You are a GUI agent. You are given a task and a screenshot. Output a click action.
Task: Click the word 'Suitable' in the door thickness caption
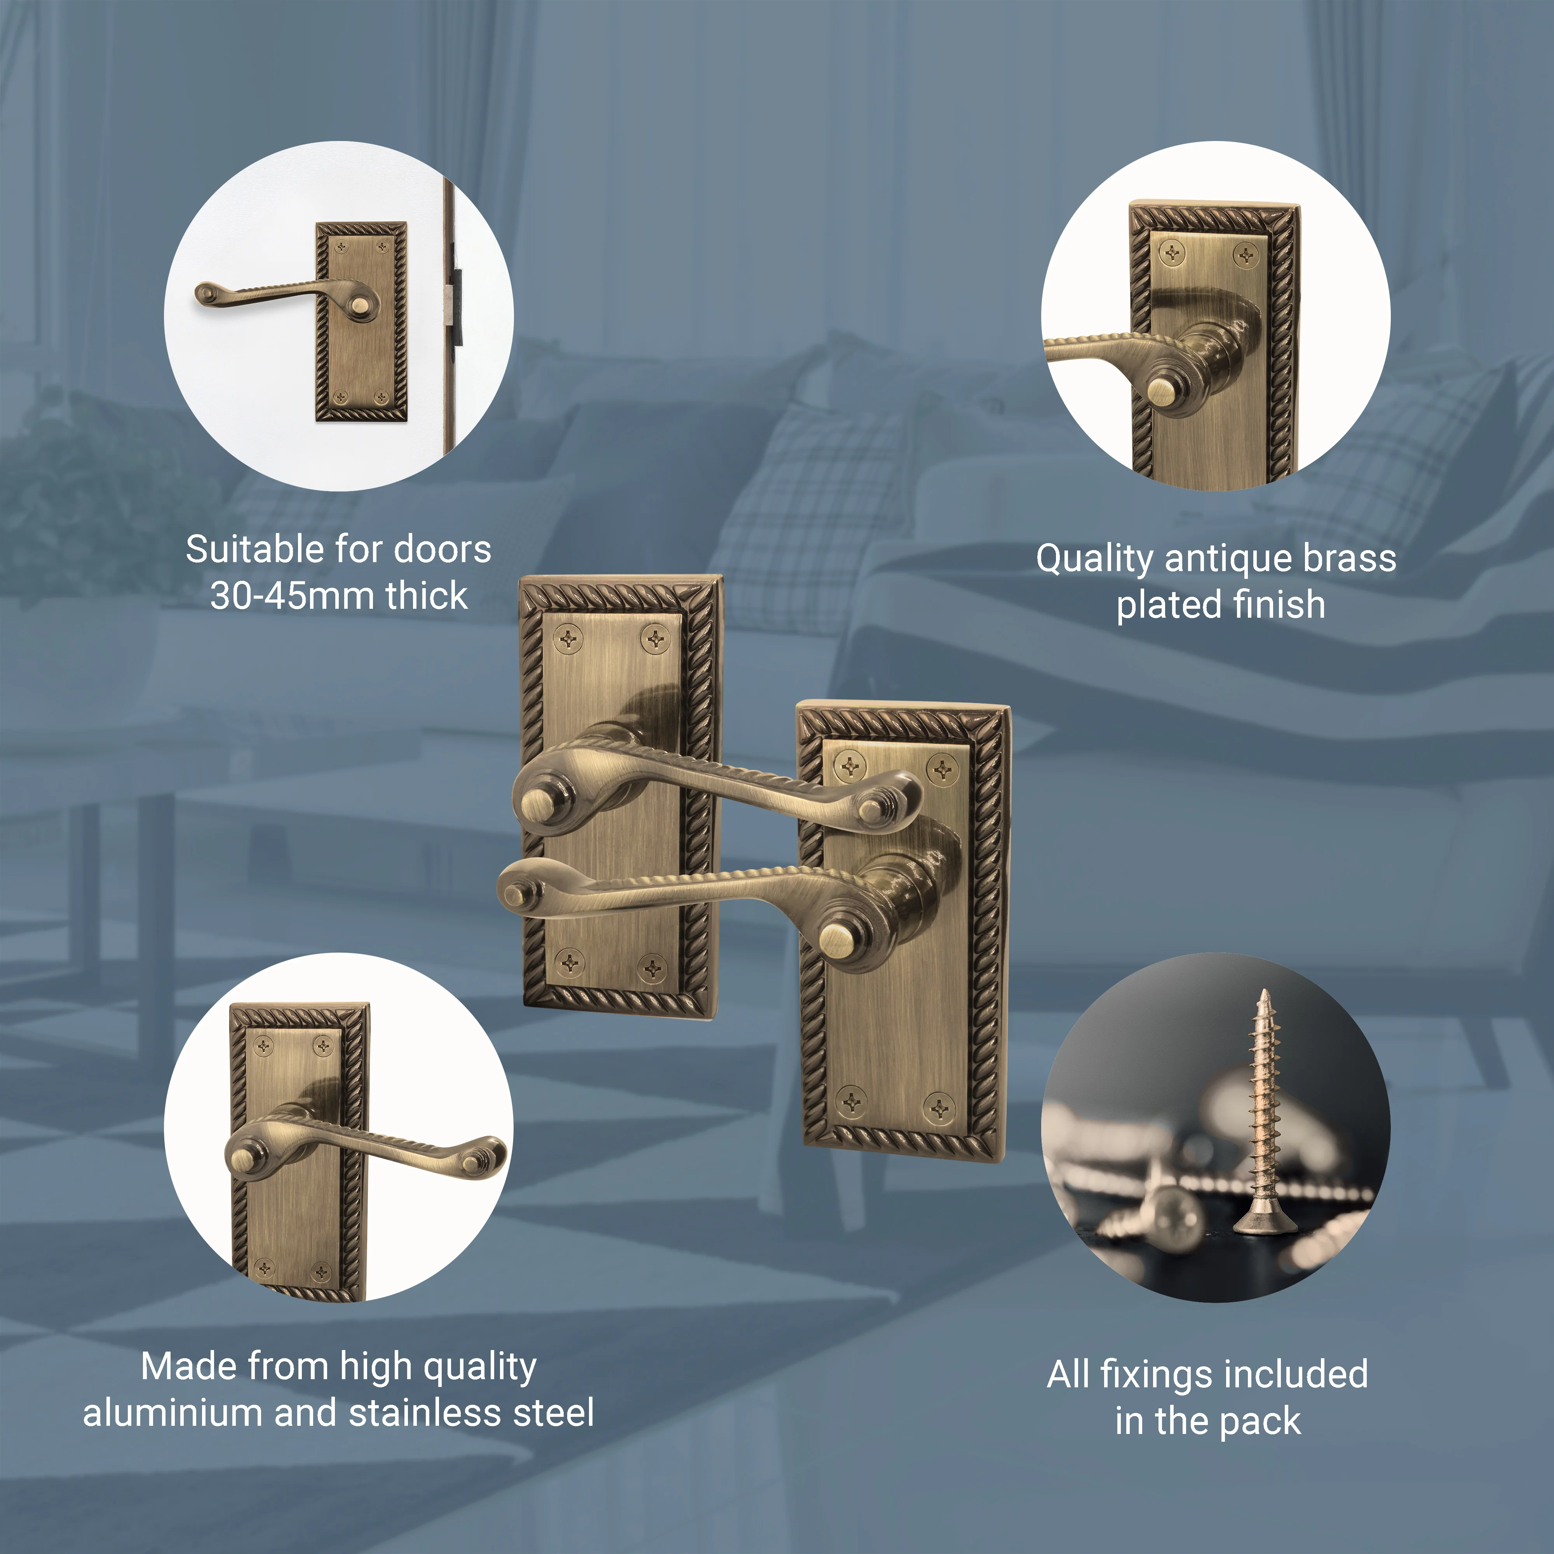pos(255,550)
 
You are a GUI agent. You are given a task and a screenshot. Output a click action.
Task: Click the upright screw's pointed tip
pos(1265,991)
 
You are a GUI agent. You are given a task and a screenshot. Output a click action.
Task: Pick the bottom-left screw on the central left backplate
pos(570,961)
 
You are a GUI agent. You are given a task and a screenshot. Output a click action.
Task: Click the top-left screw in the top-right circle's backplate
pos(1174,255)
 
